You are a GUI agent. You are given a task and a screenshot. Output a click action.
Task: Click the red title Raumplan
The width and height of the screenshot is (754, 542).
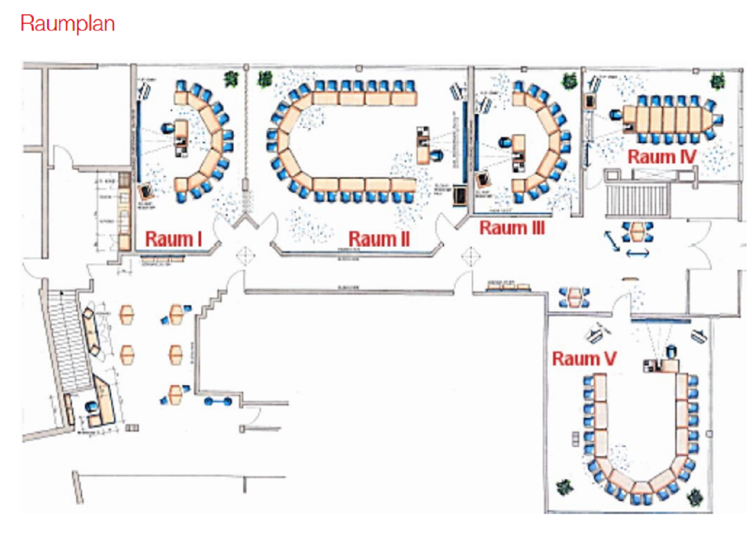click(67, 24)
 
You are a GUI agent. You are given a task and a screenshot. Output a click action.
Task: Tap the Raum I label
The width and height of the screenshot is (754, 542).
click(173, 239)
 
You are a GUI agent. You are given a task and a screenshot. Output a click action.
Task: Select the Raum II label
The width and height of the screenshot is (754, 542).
click(379, 239)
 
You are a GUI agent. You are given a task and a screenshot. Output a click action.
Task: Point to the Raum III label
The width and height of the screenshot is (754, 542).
click(511, 228)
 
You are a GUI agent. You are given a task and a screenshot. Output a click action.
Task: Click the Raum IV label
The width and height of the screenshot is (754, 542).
click(661, 157)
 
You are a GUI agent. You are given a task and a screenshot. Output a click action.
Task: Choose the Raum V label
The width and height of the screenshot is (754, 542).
click(584, 358)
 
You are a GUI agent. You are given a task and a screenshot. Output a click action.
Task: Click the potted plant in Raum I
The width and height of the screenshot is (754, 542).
click(231, 79)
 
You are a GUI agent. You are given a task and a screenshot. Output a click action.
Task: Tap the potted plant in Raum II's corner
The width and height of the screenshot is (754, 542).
click(264, 79)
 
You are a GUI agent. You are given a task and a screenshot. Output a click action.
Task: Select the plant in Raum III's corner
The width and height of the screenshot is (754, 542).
click(569, 80)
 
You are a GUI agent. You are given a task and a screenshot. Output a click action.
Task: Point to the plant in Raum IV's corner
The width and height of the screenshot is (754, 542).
click(718, 80)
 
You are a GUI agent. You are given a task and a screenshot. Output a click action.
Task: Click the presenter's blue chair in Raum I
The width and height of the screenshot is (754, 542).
click(167, 128)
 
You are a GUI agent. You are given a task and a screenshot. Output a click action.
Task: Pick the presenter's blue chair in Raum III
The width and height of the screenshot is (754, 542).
click(504, 142)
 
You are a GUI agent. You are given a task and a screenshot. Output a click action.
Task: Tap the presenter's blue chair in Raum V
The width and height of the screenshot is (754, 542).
click(671, 350)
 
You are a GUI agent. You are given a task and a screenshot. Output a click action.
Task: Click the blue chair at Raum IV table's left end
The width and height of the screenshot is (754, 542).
click(615, 114)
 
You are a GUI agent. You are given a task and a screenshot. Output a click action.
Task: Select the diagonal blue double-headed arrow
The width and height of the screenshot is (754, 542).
click(612, 241)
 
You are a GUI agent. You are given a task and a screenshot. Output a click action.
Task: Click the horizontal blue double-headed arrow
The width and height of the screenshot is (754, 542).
click(637, 254)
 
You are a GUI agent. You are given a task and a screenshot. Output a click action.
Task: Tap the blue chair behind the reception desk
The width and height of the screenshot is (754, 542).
click(92, 406)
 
